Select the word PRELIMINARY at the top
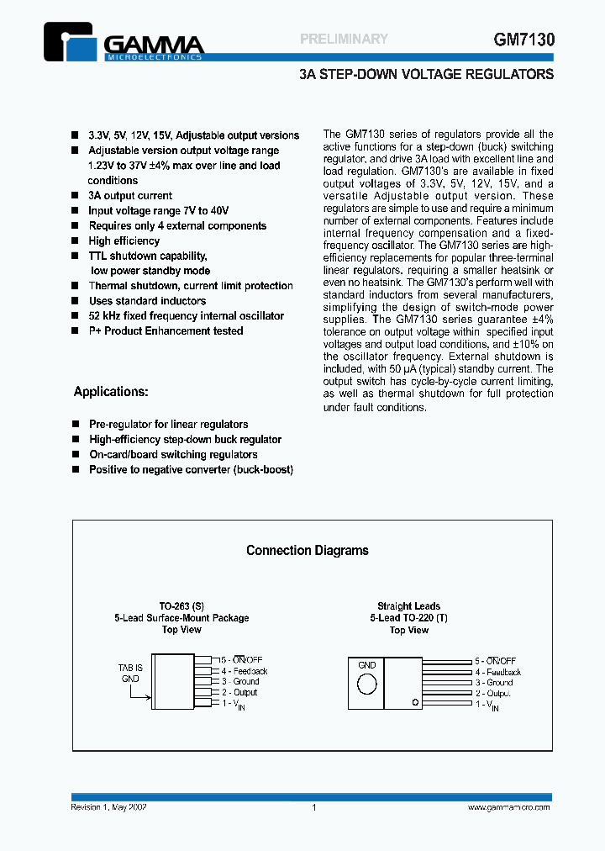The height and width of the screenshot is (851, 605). (x=344, y=39)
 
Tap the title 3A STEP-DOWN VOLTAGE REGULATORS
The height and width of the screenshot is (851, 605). (x=426, y=74)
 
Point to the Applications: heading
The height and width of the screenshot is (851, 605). (x=111, y=392)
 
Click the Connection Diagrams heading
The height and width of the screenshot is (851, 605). (x=308, y=551)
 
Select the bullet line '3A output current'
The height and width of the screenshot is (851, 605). (x=130, y=196)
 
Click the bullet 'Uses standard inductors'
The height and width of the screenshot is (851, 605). (x=147, y=301)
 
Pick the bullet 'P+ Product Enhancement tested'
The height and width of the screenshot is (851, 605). (x=166, y=331)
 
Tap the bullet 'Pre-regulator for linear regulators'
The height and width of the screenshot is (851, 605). (x=168, y=425)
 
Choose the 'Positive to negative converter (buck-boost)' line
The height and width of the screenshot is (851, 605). (x=191, y=470)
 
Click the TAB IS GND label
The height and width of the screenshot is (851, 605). (x=130, y=671)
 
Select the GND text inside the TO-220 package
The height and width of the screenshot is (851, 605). (x=367, y=664)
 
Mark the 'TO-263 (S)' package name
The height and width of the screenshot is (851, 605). (x=181, y=606)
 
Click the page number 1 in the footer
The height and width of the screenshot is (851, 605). (x=313, y=807)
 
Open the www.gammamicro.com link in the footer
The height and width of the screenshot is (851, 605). (x=508, y=807)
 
